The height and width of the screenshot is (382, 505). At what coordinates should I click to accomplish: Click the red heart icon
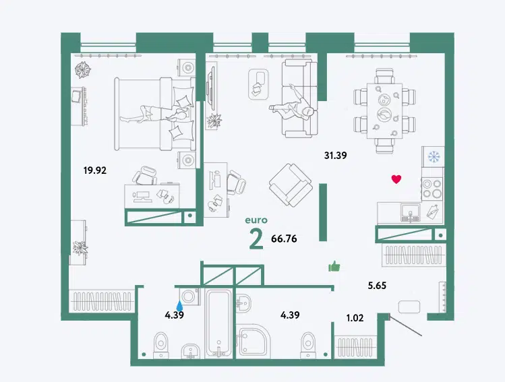point(396,179)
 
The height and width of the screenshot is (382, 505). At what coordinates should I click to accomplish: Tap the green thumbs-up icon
point(334,266)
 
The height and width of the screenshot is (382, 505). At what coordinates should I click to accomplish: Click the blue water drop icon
point(179,305)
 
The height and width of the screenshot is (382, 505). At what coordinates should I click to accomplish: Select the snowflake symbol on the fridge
point(434,156)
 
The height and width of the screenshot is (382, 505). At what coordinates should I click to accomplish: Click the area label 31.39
point(335,156)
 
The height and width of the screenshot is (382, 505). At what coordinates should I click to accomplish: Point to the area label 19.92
point(94,170)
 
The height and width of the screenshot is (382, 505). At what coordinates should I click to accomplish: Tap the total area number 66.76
point(284,238)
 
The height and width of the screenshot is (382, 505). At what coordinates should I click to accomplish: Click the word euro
point(256,220)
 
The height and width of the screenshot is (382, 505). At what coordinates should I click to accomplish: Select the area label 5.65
point(377,286)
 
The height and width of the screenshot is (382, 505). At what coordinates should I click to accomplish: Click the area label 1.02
point(355,318)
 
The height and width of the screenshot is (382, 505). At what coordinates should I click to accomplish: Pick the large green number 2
point(256,241)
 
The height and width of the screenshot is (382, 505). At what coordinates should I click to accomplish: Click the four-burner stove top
point(432,189)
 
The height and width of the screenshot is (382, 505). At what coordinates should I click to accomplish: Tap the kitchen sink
point(411,212)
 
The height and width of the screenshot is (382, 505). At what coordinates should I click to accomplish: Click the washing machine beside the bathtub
point(189,296)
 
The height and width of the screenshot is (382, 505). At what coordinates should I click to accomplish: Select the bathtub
point(218,323)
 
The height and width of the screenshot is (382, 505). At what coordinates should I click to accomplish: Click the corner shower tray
point(253,342)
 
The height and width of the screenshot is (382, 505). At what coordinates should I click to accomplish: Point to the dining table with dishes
point(384,110)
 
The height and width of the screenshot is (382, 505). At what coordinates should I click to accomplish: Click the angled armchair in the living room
point(291,185)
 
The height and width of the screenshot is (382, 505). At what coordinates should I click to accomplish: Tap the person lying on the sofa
point(292,108)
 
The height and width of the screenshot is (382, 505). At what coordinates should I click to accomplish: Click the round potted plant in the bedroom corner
point(83,70)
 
